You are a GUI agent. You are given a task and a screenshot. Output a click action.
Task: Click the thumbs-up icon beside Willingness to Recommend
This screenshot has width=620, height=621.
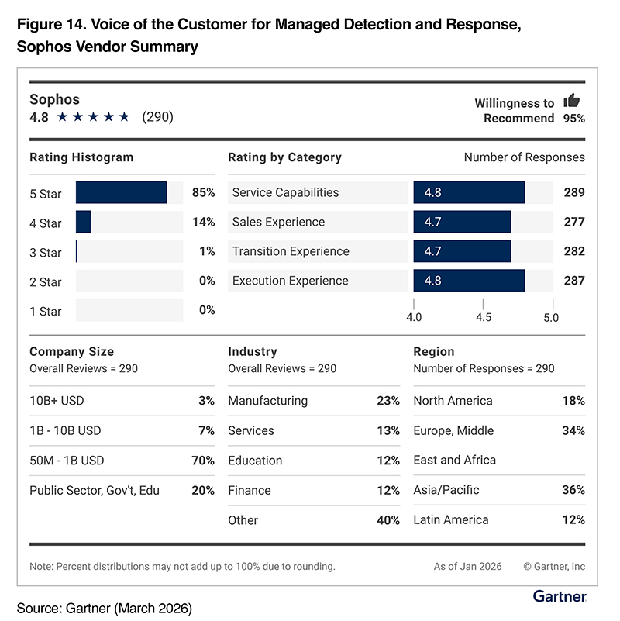coord(572,100)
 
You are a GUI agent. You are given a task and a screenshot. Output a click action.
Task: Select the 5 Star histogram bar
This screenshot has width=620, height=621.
coord(122,192)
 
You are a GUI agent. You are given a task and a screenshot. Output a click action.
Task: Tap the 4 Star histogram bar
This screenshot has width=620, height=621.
coord(83,222)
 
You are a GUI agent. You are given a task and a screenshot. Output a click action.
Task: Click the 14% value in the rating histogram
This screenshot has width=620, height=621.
coord(204,222)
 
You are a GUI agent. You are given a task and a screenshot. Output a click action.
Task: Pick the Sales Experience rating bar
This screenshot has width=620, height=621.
coord(463,222)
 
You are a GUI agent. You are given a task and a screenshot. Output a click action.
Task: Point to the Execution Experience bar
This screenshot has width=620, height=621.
coord(469,281)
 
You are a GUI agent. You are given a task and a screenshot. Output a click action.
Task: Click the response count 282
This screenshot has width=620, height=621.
coord(574,251)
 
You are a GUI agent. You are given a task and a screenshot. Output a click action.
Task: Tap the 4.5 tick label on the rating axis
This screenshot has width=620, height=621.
coord(484,317)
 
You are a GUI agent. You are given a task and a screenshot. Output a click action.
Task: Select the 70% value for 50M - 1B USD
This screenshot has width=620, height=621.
coord(203,461)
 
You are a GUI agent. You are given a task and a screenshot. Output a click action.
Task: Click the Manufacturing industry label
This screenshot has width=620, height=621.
coord(268,401)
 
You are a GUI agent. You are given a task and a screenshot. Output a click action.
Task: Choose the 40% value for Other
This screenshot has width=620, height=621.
coord(388,520)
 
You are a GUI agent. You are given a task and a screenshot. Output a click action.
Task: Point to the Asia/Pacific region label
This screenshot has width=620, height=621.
coord(446,490)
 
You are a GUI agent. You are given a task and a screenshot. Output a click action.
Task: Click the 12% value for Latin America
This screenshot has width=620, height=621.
coord(573,519)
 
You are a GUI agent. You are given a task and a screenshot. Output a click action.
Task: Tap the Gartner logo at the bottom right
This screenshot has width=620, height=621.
coord(560,596)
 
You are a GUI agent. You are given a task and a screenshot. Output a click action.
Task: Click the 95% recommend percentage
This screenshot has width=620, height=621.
coord(574,119)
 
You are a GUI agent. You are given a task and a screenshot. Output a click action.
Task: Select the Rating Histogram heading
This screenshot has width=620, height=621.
coord(81,157)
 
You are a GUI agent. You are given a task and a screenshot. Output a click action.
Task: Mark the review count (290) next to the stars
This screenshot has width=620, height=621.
coord(157,117)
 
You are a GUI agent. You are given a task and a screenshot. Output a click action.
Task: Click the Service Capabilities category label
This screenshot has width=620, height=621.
coord(285,192)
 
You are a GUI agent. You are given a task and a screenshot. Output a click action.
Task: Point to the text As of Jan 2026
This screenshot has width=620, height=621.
coord(467,567)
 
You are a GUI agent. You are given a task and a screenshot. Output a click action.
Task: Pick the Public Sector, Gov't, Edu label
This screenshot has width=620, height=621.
coord(95,490)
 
